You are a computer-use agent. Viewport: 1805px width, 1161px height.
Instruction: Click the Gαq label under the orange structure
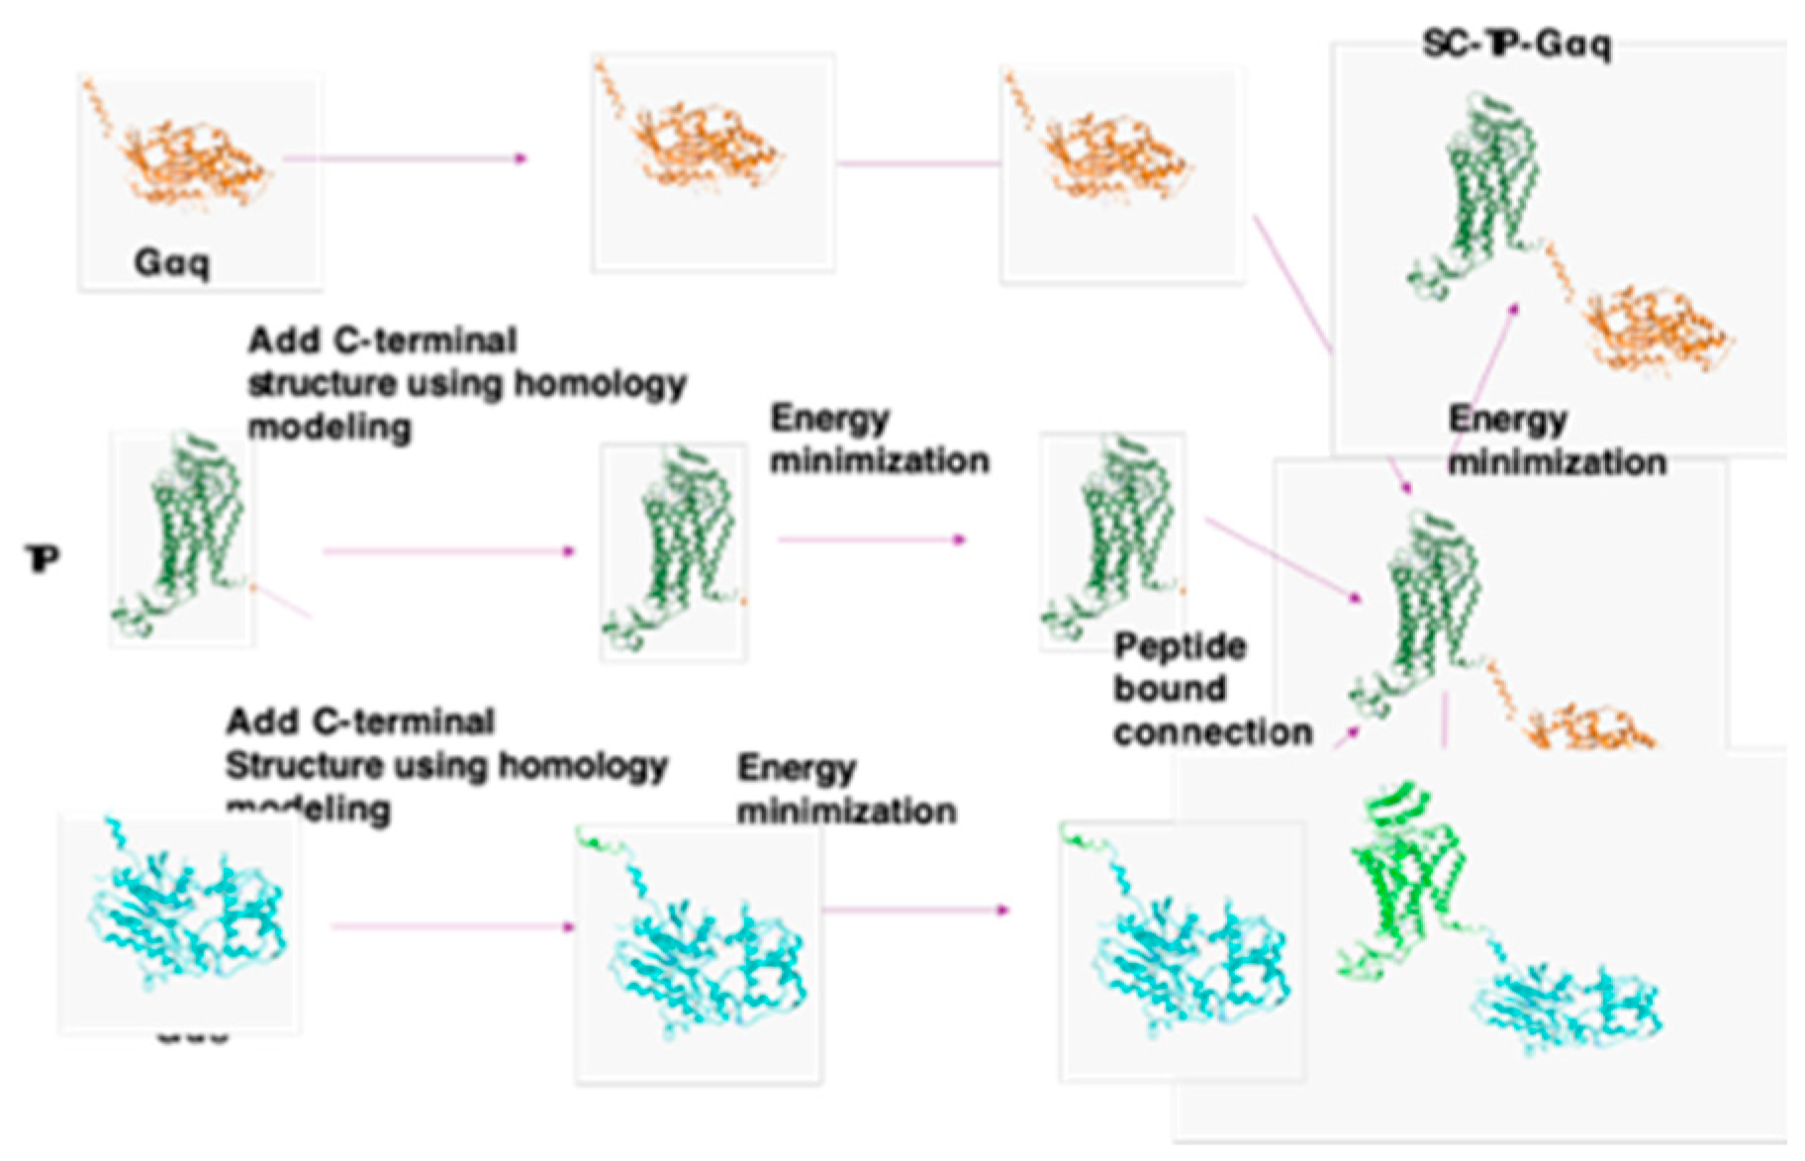171,262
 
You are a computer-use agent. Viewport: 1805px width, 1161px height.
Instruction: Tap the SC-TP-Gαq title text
1516,44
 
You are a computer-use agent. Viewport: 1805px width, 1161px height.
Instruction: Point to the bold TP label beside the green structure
43,559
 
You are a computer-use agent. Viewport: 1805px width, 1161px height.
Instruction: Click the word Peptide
1180,647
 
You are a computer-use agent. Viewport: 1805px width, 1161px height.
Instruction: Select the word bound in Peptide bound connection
1170,689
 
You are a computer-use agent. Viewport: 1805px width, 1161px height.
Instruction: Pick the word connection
1213,732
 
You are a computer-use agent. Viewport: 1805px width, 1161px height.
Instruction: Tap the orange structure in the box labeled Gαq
188,153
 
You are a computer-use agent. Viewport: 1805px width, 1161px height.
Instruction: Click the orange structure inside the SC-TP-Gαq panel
1653,327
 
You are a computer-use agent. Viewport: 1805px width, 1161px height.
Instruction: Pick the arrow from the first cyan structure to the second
451,926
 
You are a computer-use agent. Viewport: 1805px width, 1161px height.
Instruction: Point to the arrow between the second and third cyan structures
915,910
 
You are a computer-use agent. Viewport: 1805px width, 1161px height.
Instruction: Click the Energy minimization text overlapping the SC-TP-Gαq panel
1556,440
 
